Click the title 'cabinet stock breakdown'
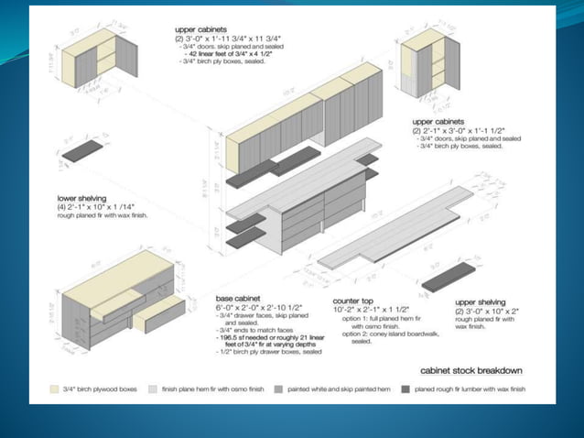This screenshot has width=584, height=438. point(471,370)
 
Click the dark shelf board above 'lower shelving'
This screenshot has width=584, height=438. point(82,151)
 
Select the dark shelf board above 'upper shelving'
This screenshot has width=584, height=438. point(455,278)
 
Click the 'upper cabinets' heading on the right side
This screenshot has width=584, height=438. point(437,121)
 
